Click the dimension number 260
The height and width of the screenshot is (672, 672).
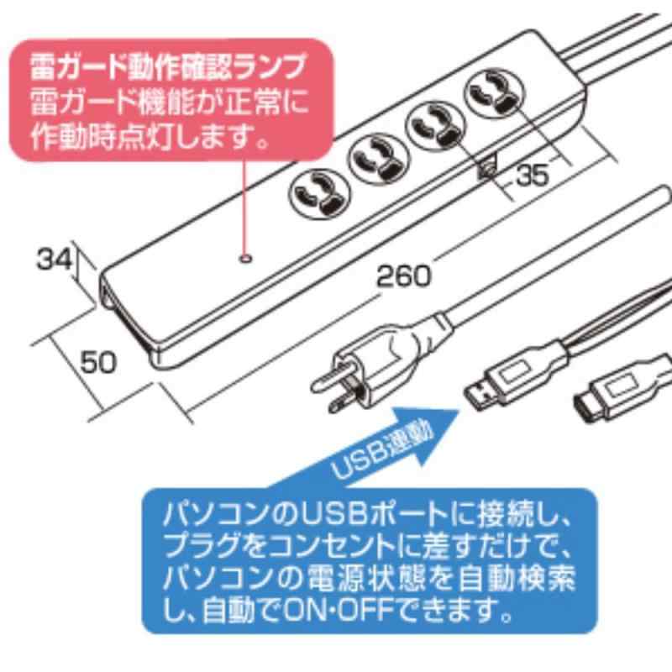[403, 276]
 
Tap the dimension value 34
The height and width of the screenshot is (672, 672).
[54, 260]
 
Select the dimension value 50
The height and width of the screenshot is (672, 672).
[98, 362]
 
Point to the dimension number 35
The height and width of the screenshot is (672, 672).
[533, 176]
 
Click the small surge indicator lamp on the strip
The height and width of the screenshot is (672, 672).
[245, 259]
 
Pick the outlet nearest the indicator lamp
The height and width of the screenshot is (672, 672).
[319, 195]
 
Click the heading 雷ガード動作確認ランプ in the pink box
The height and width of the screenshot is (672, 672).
[169, 67]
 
